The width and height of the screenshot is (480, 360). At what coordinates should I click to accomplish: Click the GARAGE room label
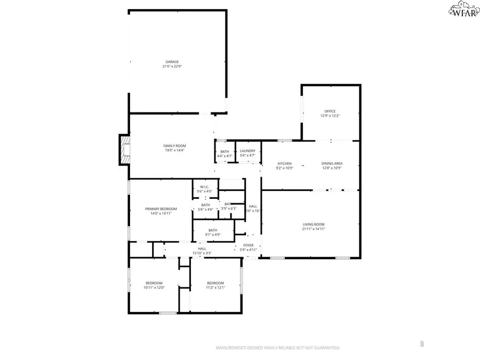click(171, 62)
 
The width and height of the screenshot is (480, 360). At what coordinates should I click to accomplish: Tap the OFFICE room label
click(330, 111)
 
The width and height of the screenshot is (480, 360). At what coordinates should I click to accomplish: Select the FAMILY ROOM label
click(174, 146)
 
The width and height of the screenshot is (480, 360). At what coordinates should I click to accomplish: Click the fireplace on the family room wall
click(124, 149)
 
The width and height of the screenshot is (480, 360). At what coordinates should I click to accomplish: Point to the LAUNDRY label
click(247, 151)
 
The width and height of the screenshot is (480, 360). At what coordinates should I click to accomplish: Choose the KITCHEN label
click(285, 163)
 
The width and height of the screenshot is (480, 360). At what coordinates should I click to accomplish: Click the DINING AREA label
click(331, 163)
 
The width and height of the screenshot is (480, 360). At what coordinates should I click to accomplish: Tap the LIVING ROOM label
click(313, 225)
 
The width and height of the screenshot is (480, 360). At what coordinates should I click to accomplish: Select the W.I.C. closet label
click(205, 187)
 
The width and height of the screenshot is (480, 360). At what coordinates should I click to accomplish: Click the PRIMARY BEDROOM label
click(161, 209)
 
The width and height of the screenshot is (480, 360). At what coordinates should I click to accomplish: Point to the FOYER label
click(248, 245)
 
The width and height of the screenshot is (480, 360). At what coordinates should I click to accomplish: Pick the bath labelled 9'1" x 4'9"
click(213, 230)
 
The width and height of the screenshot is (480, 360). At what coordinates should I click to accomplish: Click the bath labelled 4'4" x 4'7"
click(225, 151)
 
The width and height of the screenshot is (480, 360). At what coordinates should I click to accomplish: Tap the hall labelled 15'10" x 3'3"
click(202, 249)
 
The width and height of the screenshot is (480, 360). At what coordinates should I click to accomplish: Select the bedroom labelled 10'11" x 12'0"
click(154, 283)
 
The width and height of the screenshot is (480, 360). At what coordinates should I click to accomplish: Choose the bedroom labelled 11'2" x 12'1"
click(215, 283)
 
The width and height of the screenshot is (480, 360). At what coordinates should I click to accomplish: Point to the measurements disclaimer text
click(277, 348)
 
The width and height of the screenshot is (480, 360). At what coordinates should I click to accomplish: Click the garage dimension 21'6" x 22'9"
click(171, 67)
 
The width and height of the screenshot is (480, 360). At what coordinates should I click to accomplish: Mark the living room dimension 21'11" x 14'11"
click(313, 229)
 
